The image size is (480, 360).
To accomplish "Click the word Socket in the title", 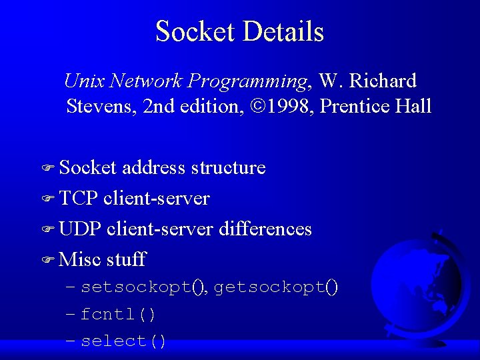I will [x=196, y=32].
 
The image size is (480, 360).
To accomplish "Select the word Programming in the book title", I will [x=247, y=82].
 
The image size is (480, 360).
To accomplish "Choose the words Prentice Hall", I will [x=376, y=106].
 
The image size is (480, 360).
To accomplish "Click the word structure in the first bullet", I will [x=228, y=167].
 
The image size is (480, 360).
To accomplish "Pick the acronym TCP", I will [x=78, y=198].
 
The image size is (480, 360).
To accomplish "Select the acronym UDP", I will [x=79, y=229].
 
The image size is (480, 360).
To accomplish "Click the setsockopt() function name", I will [x=142, y=287].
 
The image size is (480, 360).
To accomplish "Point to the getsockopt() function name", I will [x=275, y=287].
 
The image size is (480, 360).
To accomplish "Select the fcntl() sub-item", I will [x=118, y=314].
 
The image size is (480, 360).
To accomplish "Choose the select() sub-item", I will [x=123, y=341].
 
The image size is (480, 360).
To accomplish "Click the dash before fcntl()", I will [x=71, y=314].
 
